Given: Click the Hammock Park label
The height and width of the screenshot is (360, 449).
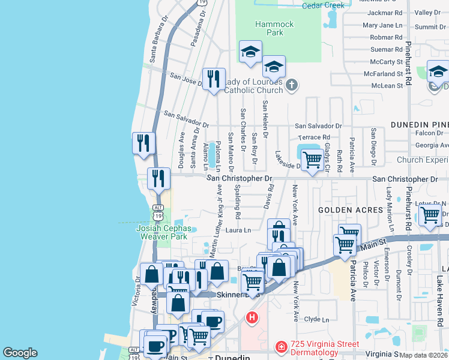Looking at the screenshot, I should coord(274,28).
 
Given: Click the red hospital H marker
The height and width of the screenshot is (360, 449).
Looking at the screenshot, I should coord(252,316).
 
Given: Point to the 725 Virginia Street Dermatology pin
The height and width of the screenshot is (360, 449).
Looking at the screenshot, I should coord(280,347).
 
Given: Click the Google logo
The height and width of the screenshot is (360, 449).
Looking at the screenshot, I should coord(20,353).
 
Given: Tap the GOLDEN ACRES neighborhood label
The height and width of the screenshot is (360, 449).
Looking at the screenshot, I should coord(350,210).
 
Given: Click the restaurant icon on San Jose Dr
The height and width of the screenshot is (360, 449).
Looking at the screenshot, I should coord(214,79).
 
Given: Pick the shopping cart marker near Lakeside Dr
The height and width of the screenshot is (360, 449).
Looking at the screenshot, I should coord(312,160).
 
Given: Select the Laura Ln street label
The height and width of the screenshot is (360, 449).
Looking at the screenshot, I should coord(238,230).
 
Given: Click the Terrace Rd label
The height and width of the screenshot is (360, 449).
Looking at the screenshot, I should coord(318,138).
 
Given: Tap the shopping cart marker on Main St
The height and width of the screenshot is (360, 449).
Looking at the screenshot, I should coord(345,245).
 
